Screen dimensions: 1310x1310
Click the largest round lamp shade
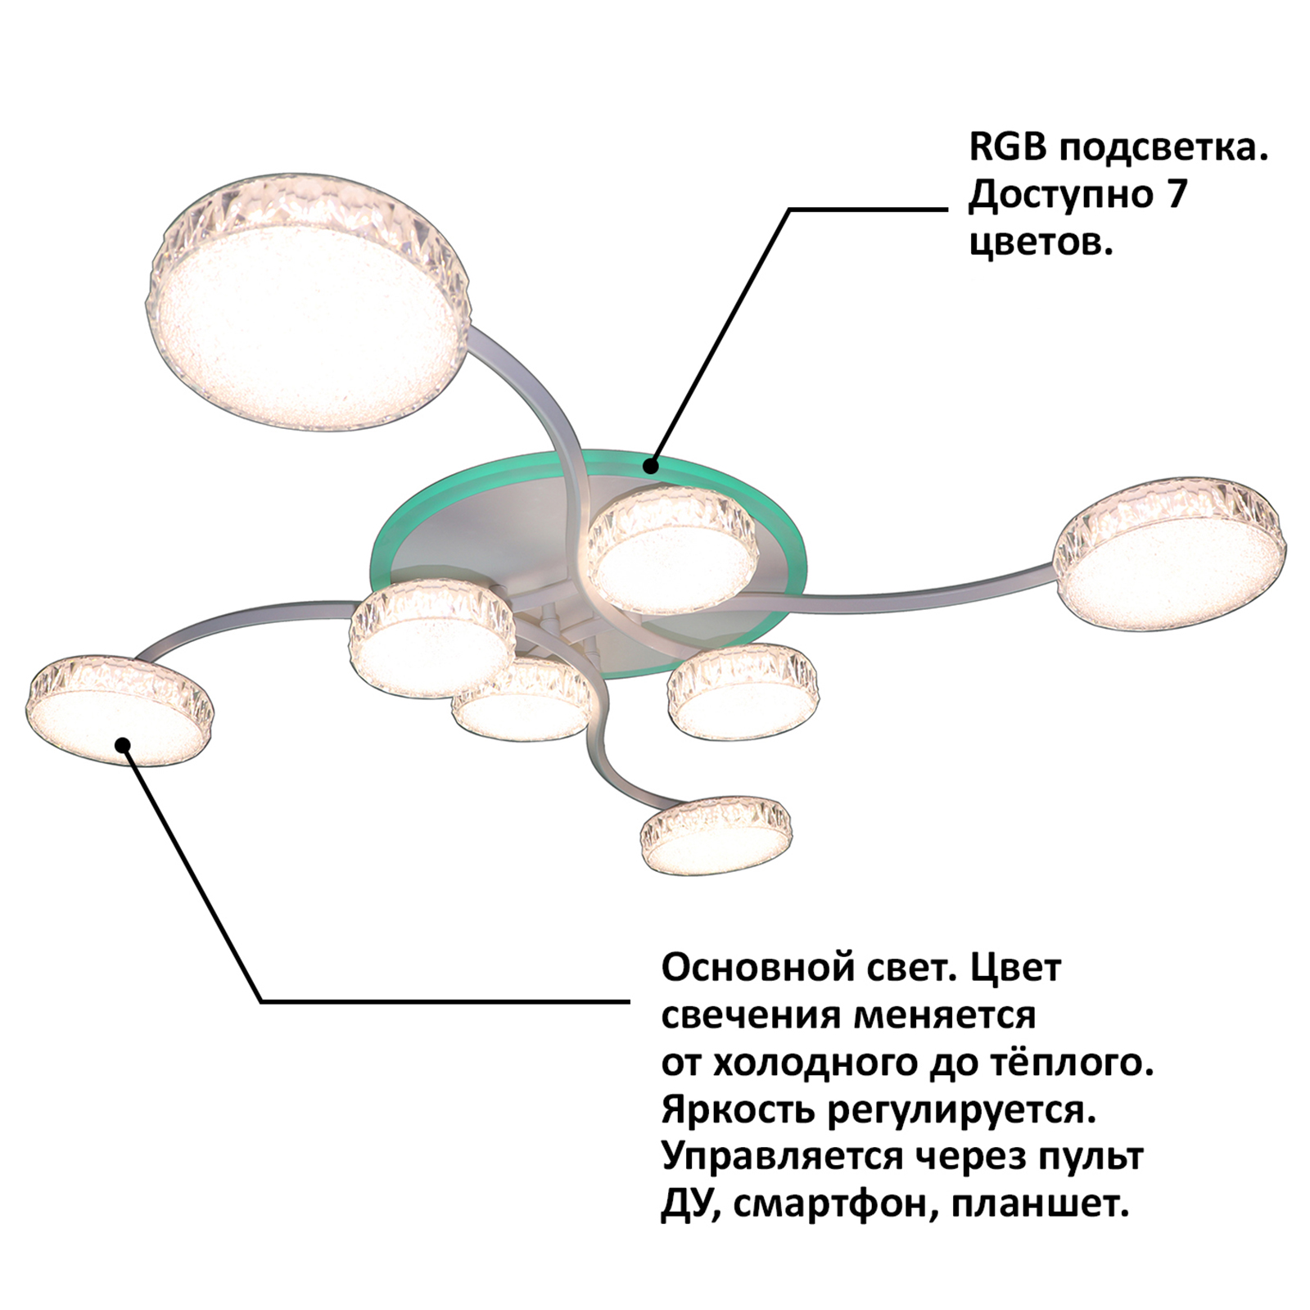point(309,300)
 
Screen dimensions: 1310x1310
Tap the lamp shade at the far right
point(1170,554)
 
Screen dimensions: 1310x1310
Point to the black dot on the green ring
point(650,467)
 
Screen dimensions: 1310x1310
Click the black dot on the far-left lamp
point(123,745)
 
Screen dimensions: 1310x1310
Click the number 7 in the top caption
point(1176,195)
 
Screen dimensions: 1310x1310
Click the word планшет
point(1040,1204)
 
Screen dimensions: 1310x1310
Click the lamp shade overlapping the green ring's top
point(672,549)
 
